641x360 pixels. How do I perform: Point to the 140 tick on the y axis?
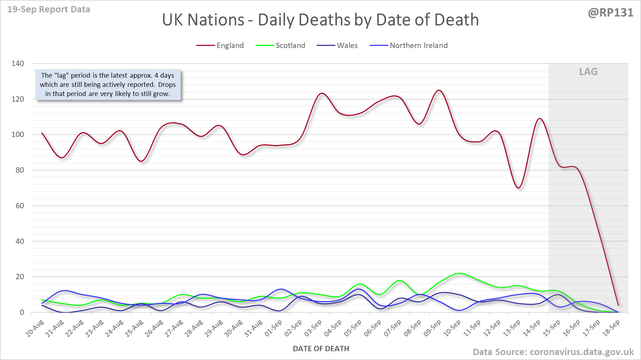coord(18,64)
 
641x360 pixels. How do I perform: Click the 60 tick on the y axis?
coord(20,206)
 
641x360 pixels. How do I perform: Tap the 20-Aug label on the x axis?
coord(35,328)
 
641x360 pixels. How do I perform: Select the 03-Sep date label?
coord(313,328)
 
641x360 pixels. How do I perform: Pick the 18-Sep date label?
coord(611,328)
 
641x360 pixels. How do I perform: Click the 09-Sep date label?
coord(433,328)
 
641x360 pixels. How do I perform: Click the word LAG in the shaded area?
coord(588,72)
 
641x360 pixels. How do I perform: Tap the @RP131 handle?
coord(610,13)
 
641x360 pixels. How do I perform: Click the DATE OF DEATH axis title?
coord(321,349)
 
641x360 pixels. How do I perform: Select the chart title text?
coord(320,20)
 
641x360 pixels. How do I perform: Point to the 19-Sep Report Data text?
coord(49,10)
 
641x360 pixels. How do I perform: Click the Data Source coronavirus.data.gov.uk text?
coord(553,352)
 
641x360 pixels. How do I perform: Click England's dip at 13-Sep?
coord(519,188)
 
